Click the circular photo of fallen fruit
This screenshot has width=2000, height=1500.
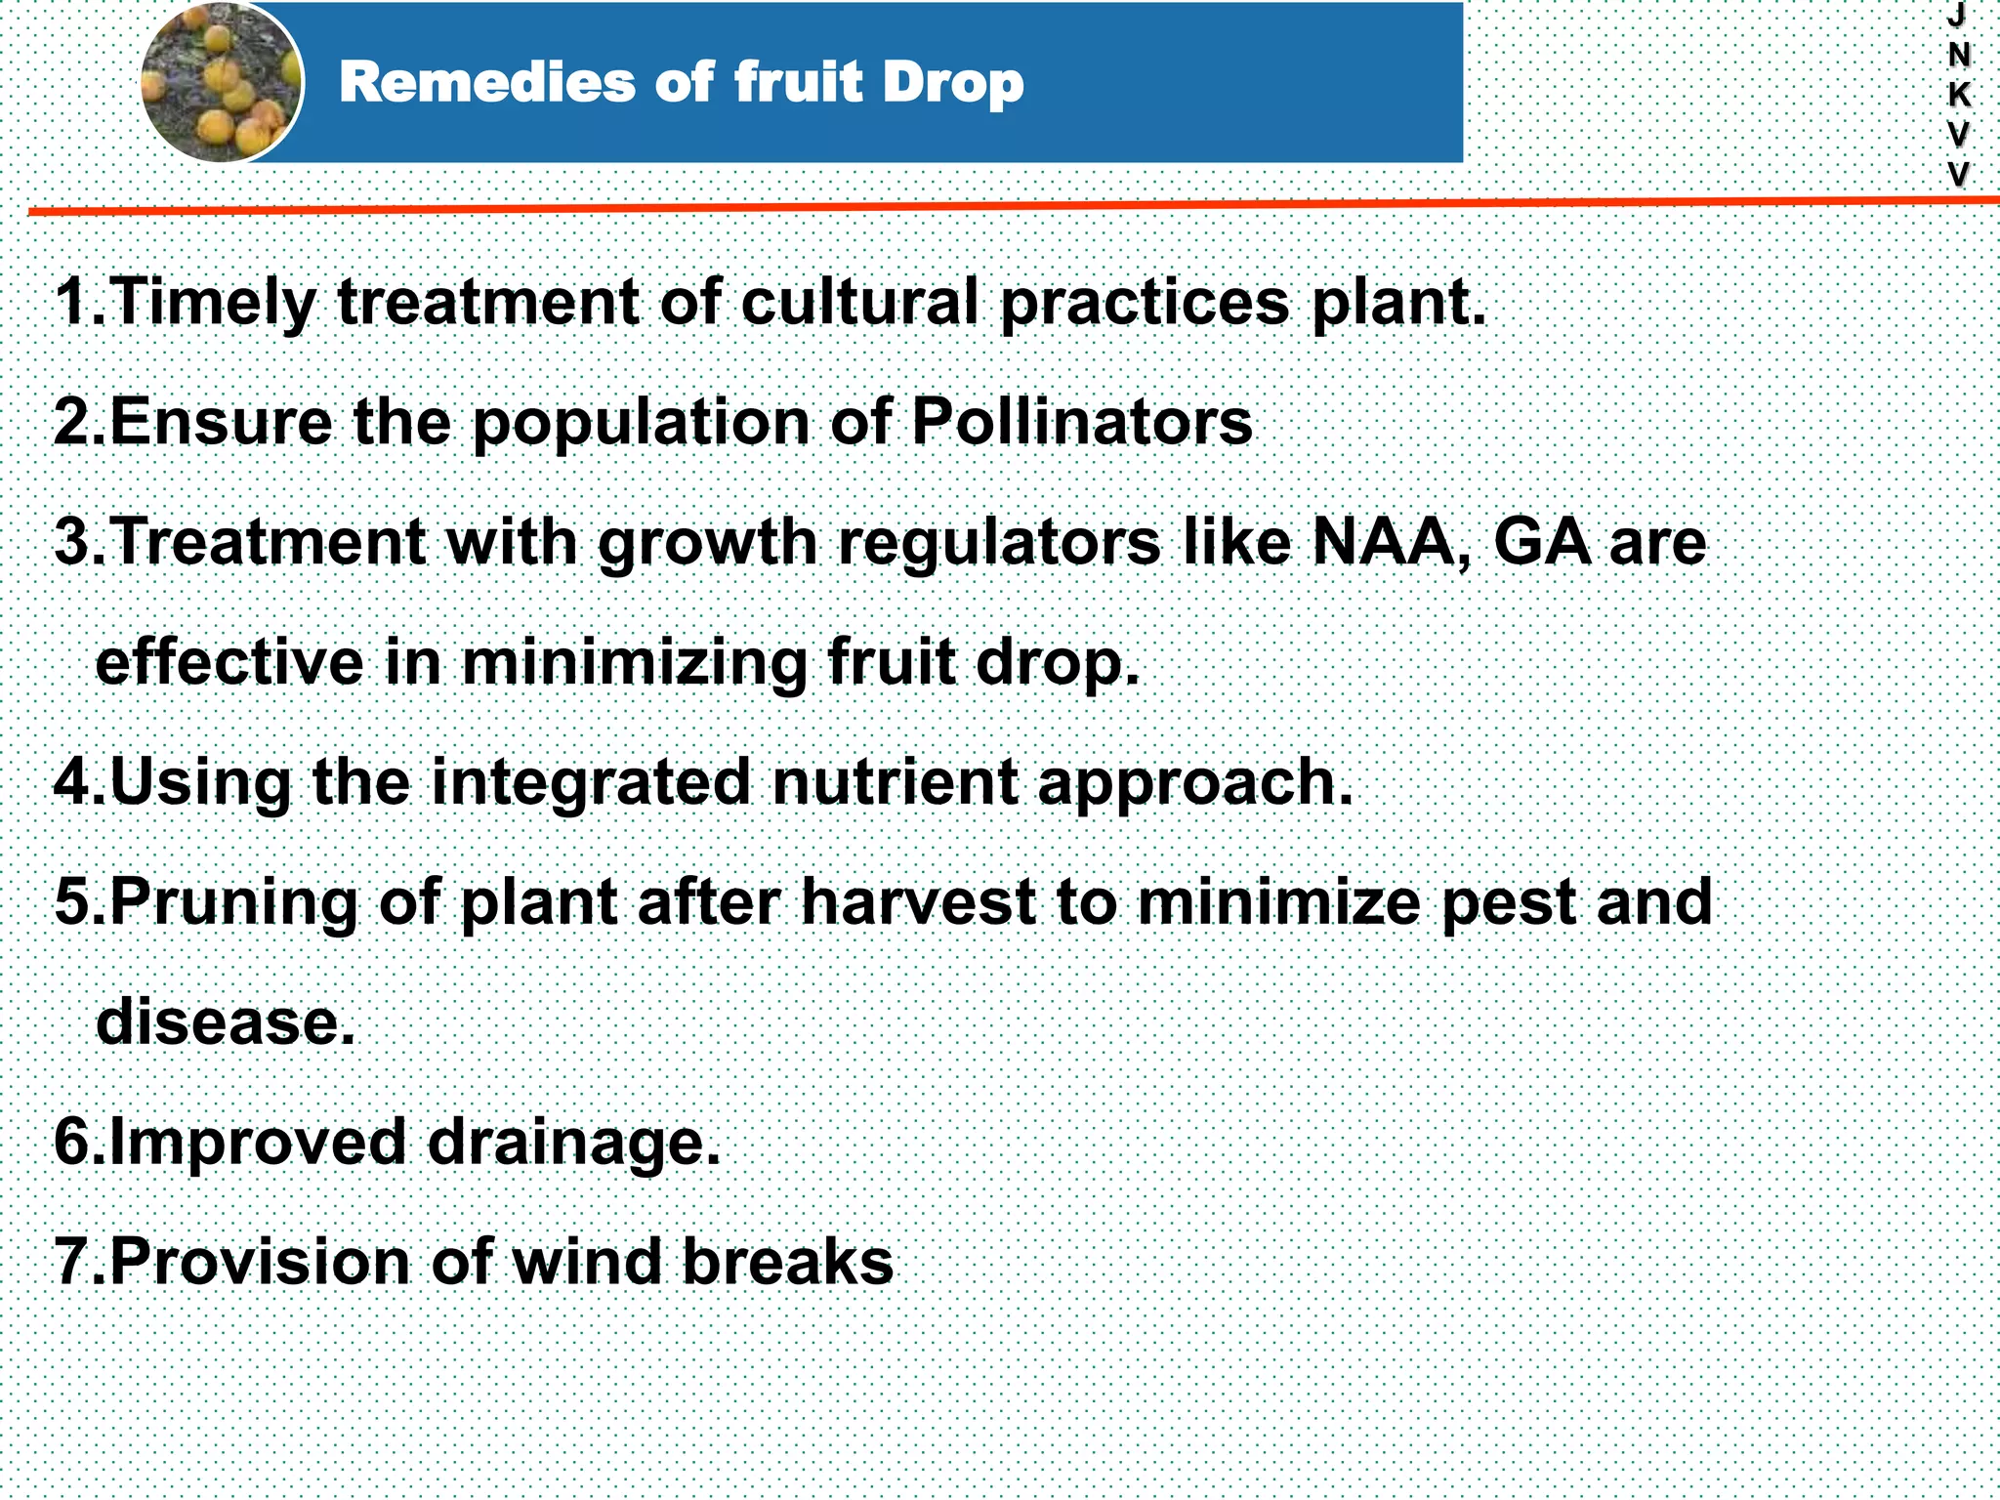point(222,82)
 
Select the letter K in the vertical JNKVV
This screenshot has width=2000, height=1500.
point(1958,95)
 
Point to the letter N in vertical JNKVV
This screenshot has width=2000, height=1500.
point(1958,56)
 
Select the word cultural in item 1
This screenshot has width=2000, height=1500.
point(858,302)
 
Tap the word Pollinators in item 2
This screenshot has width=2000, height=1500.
point(1081,422)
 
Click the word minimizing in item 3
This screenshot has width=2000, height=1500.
point(634,663)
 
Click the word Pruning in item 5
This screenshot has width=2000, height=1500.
point(233,901)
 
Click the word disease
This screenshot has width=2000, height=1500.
point(226,1021)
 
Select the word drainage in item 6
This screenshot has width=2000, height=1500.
point(573,1142)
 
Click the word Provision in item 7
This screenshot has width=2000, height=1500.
point(260,1261)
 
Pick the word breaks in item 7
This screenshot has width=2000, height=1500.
point(787,1261)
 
